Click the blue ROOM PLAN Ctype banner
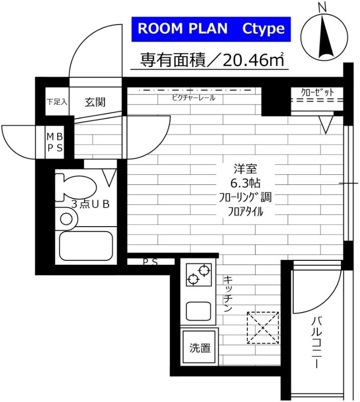click(x=211, y=28)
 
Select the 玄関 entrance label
click(x=95, y=102)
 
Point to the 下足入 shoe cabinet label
click(x=57, y=102)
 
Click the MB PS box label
click(x=55, y=142)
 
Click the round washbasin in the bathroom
click(x=66, y=219)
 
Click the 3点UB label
click(x=91, y=204)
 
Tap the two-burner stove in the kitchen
click(x=198, y=275)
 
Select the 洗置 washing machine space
click(x=200, y=347)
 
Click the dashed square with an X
click(x=262, y=328)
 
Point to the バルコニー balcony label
click(x=317, y=342)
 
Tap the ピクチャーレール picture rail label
click(x=194, y=97)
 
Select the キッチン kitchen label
click(x=227, y=294)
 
